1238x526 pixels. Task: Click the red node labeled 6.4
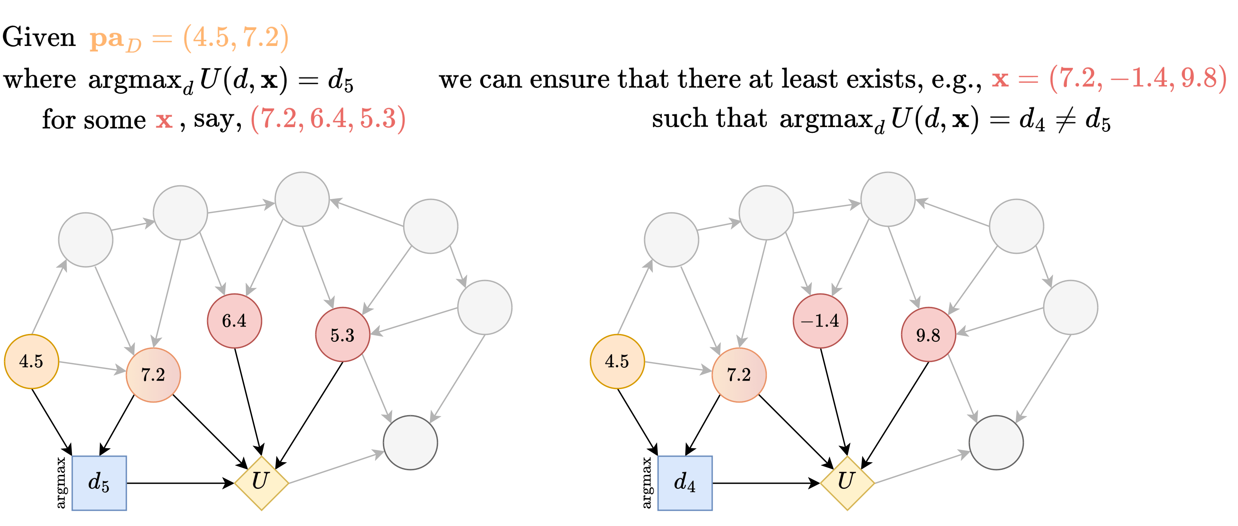(x=234, y=321)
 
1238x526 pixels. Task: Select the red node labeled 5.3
(x=342, y=335)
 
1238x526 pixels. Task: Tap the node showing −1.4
(x=820, y=321)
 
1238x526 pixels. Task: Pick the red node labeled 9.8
(x=928, y=335)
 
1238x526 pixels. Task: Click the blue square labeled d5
(x=99, y=483)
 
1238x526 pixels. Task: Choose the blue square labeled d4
(x=685, y=483)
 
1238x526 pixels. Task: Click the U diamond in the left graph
(x=261, y=482)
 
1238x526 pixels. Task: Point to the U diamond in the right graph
(x=847, y=482)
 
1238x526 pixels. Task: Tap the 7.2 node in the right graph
(x=739, y=375)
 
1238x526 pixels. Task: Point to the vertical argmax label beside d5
(x=61, y=483)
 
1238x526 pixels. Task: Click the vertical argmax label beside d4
(x=647, y=483)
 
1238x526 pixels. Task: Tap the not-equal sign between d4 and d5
(x=1064, y=119)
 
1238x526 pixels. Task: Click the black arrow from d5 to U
(x=180, y=483)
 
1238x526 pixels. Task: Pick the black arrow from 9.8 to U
(x=896, y=413)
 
